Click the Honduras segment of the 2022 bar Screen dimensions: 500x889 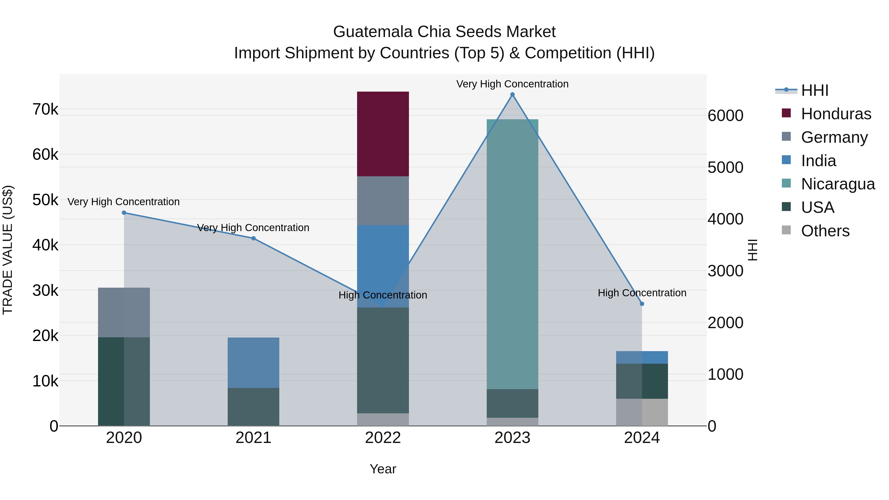383,134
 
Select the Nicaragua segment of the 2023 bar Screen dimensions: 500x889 512,254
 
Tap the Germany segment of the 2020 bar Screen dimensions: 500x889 124,312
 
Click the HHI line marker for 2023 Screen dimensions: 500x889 512,95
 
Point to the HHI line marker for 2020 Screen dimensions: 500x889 124,213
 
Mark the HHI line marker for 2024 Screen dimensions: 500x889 642,304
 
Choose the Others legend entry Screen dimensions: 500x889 825,231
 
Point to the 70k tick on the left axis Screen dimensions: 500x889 45,109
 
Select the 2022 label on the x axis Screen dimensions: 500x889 383,438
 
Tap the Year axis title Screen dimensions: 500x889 383,469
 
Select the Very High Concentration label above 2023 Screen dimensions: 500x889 512,84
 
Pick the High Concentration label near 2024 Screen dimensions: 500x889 642,293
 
